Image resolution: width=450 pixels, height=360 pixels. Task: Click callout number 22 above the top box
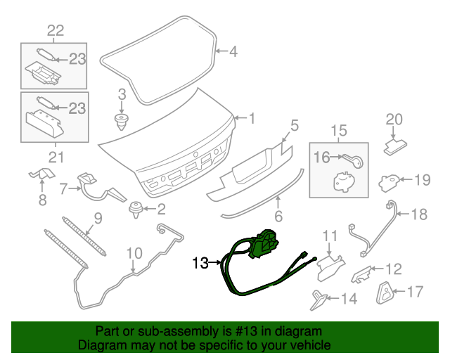tap(55, 30)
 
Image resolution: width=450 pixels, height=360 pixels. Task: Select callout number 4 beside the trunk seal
tap(233, 51)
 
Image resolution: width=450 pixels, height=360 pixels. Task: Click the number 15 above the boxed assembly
tap(339, 130)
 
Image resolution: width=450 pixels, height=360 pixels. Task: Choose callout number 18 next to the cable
tap(418, 214)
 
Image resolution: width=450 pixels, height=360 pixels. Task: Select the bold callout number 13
tap(200, 264)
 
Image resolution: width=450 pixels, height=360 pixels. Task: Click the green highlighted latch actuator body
tap(266, 243)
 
